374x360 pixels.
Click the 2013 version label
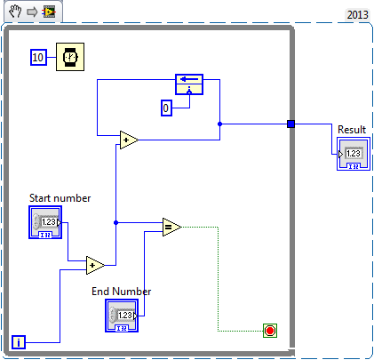tap(356, 15)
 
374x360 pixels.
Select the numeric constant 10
tap(38, 57)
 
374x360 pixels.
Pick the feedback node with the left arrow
tap(188, 84)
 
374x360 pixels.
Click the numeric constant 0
tap(165, 108)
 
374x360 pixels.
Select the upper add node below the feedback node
tap(129, 140)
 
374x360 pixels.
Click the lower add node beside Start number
tap(95, 264)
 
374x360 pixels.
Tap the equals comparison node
tap(171, 228)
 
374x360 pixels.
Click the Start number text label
tap(60, 197)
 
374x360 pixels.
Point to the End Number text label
tap(122, 291)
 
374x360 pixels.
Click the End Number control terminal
tap(122, 316)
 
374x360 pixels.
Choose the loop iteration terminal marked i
tap(20, 341)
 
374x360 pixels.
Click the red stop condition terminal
tap(270, 331)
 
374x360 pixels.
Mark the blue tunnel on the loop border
tap(290, 124)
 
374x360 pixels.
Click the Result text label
tap(352, 130)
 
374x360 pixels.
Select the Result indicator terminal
tap(353, 154)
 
